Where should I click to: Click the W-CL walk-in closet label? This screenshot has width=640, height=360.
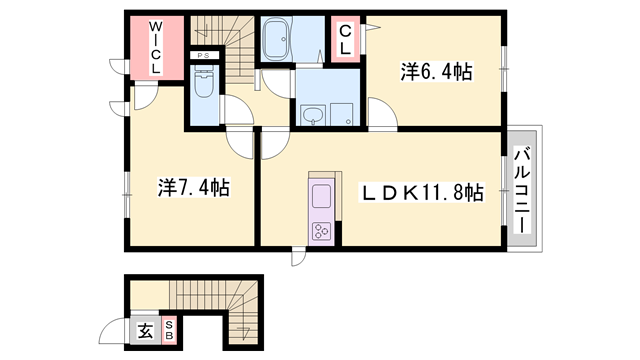[155, 47]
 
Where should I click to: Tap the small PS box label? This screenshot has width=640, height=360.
[202, 55]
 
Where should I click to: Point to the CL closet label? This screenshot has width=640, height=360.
[345, 41]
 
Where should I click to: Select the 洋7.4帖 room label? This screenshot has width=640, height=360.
[193, 187]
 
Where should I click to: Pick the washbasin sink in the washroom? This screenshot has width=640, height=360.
[314, 113]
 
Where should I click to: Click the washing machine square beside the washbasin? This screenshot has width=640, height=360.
[345, 113]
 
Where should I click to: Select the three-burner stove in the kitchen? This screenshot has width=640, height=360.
[323, 231]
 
